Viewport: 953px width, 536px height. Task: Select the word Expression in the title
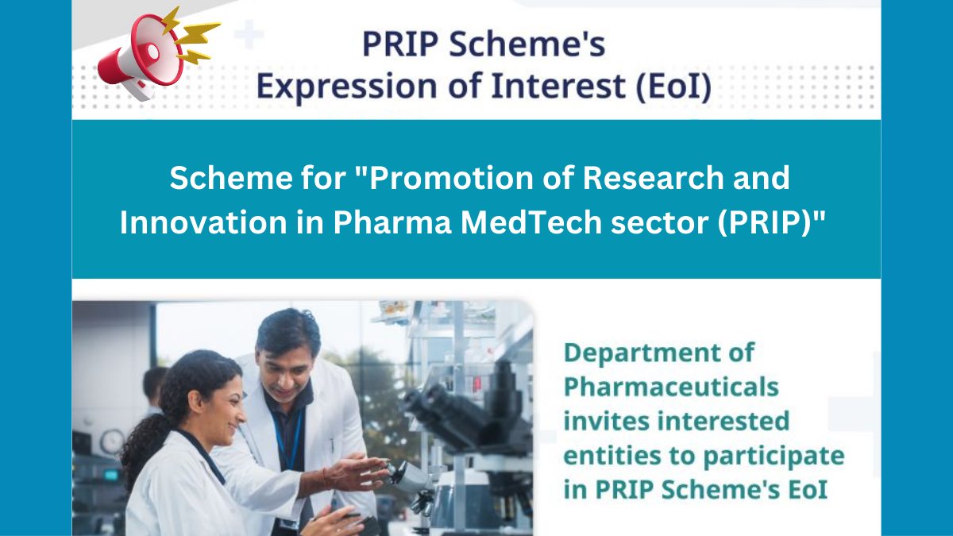click(349, 86)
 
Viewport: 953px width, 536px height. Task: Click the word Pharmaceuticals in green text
click(671, 387)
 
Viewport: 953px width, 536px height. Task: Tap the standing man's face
click(284, 357)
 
